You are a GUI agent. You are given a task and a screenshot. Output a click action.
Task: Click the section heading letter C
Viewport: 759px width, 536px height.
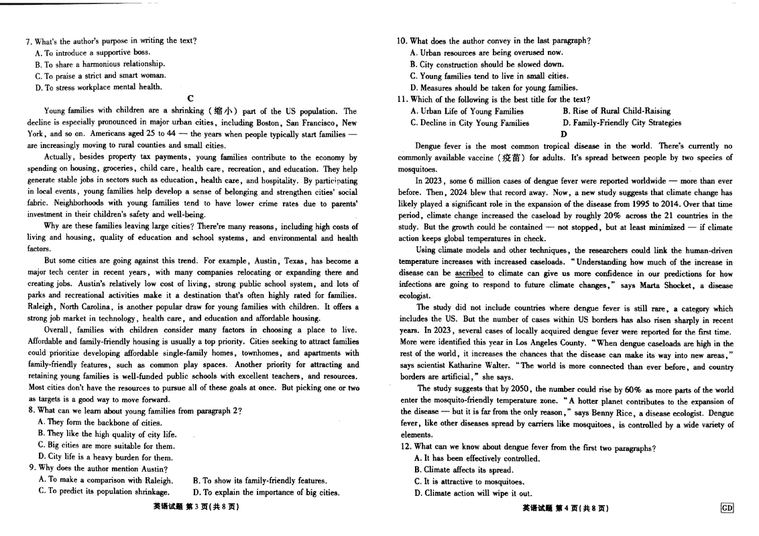pyautogui.click(x=190, y=98)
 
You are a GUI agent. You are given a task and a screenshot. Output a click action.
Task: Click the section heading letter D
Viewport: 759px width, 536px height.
pyautogui.click(x=564, y=134)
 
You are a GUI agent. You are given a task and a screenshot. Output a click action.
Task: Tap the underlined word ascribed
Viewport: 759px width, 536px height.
pyautogui.click(x=469, y=273)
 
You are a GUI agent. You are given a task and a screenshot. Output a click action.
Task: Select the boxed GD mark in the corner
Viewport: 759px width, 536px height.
pyautogui.click(x=727, y=508)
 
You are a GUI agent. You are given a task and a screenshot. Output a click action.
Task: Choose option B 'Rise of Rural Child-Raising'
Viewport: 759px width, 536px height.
pyautogui.click(x=616, y=111)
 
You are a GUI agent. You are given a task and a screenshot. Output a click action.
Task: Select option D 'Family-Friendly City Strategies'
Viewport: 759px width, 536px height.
pyautogui.click(x=622, y=123)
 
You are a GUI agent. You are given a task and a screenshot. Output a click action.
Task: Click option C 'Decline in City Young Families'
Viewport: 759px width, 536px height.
pyautogui.click(x=469, y=123)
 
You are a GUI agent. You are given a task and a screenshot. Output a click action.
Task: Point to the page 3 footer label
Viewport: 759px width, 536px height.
pyautogui.click(x=196, y=508)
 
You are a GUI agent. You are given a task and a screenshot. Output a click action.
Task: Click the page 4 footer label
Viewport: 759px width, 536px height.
pyautogui.click(x=565, y=508)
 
